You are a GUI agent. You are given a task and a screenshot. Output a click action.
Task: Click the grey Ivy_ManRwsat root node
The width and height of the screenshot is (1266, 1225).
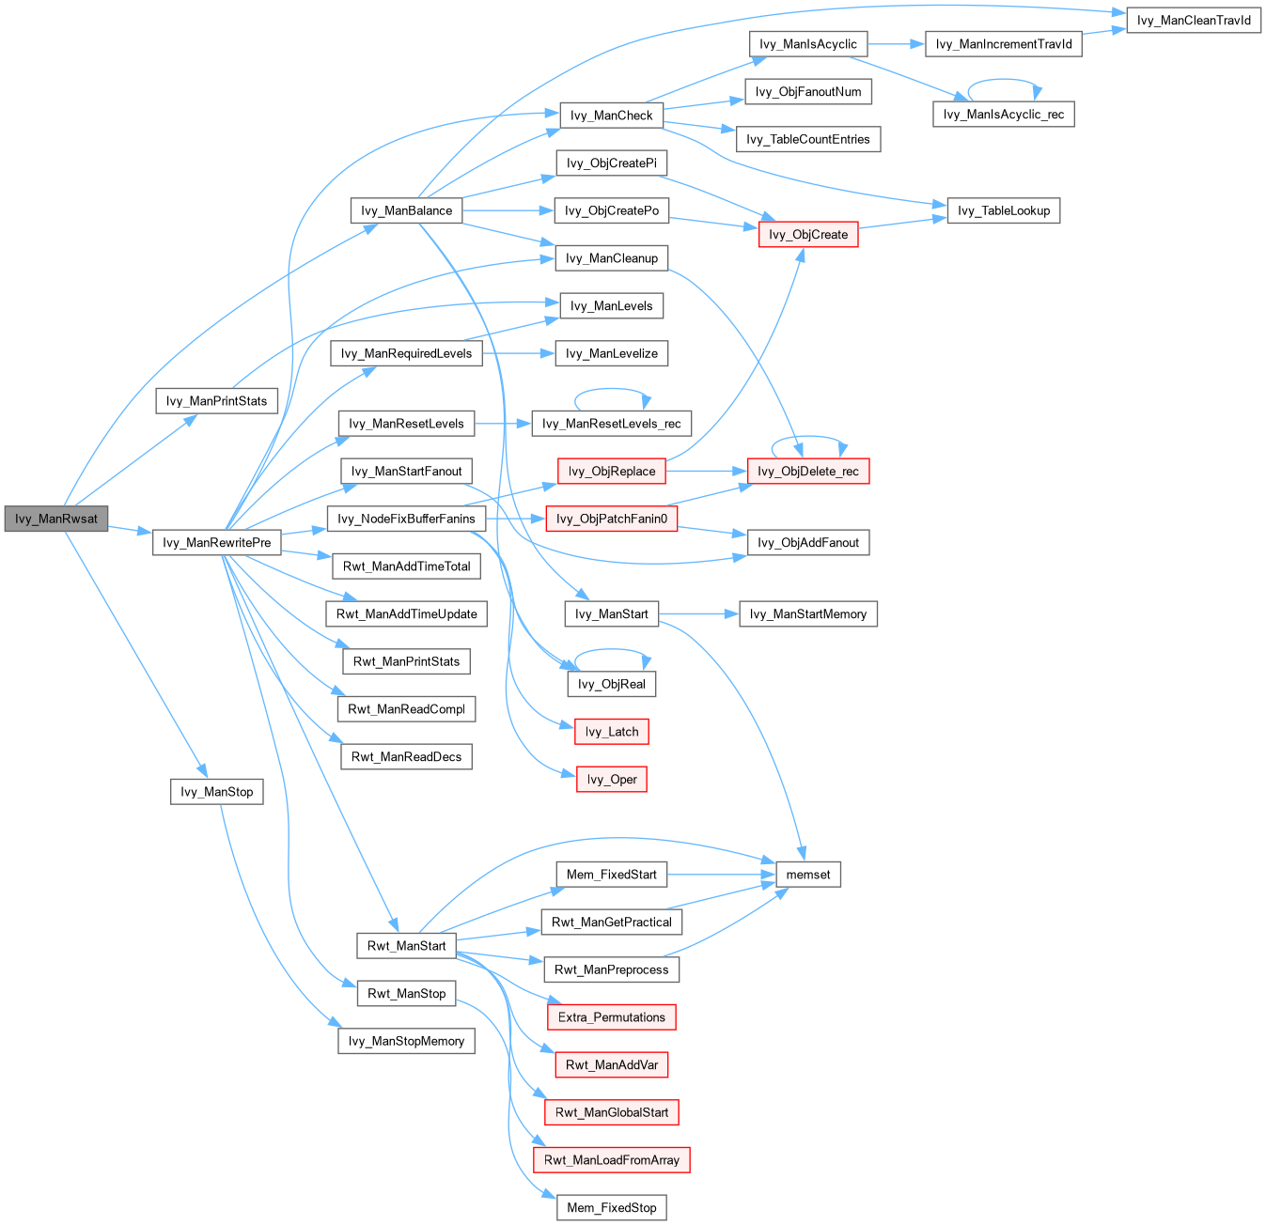[x=56, y=519]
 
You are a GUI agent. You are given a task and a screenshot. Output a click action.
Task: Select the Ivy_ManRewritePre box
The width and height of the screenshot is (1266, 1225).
[x=216, y=542]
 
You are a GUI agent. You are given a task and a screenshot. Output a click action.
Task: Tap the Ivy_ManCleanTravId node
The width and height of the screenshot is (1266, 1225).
[x=1194, y=20]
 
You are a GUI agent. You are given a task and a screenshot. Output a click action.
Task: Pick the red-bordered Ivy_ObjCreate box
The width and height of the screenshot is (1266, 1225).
[x=808, y=234]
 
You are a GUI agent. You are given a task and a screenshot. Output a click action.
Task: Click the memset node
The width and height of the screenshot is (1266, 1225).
[x=808, y=875]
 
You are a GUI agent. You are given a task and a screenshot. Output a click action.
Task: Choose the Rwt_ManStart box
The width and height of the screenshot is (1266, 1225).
[x=406, y=945]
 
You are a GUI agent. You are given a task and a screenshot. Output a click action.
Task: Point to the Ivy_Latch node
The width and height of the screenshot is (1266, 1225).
[x=612, y=732]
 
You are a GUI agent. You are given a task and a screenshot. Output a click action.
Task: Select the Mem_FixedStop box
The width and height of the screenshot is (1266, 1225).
[x=612, y=1207]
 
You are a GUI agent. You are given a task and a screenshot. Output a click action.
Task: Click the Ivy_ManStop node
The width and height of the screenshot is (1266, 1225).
[x=216, y=791]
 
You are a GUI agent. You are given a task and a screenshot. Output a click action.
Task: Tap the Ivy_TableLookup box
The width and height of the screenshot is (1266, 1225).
[x=1004, y=210]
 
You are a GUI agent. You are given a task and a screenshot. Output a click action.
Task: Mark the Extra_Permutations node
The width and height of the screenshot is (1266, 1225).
[x=612, y=1016]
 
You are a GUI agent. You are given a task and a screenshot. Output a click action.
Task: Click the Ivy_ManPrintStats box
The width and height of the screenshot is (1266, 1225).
[x=216, y=401]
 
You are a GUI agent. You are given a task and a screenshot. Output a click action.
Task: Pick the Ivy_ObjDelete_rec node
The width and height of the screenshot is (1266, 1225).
[x=808, y=471]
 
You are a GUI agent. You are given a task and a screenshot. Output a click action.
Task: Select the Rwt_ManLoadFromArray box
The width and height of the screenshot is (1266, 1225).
[x=612, y=1159]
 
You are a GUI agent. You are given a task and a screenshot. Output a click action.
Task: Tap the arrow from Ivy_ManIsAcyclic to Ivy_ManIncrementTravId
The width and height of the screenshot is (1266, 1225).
[x=896, y=44]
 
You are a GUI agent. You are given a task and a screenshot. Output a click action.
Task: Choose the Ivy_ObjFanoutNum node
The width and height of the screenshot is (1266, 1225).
[x=808, y=91]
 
